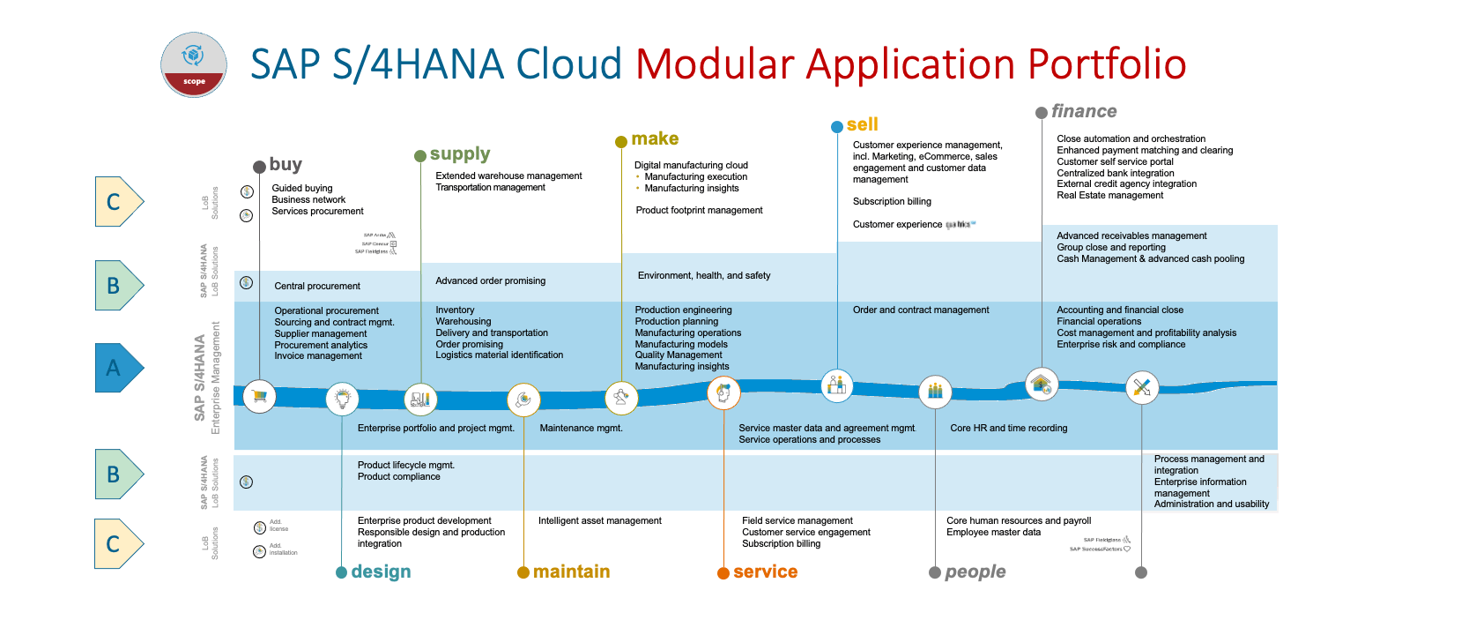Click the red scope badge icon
[194, 64]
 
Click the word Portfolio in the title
[1107, 64]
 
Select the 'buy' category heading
[286, 165]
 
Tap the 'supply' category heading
[459, 154]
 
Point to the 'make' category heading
[655, 139]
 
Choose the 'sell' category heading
[862, 125]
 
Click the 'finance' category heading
[1083, 112]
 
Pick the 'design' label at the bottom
[381, 572]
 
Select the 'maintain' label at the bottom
[571, 572]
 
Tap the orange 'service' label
[765, 572]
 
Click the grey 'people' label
[975, 572]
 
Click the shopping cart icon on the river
[259, 397]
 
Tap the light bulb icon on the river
[342, 399]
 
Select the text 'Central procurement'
[317, 287]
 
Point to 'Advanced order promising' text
[490, 281]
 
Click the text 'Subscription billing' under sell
[892, 202]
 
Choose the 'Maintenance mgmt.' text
[581, 429]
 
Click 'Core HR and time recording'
[1008, 429]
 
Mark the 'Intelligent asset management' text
[599, 521]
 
